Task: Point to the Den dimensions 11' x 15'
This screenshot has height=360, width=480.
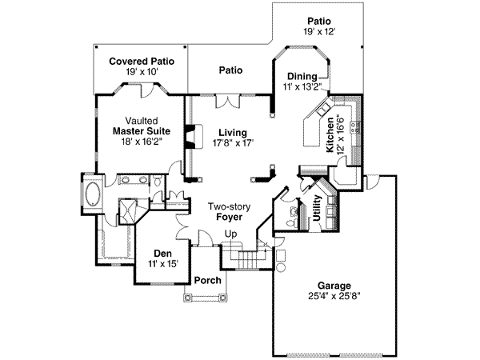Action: click(158, 263)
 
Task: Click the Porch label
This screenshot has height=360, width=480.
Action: click(207, 281)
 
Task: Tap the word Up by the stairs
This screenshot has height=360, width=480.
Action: click(231, 234)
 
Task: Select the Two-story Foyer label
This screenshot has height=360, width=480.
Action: click(231, 212)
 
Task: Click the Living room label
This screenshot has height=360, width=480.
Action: click(232, 133)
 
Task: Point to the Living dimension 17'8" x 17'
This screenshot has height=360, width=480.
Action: click(232, 143)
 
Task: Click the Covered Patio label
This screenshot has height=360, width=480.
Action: click(142, 60)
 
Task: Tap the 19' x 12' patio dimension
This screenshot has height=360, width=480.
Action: click(318, 31)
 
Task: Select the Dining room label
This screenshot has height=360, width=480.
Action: click(298, 76)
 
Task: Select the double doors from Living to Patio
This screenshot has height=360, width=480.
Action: click(230, 100)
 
